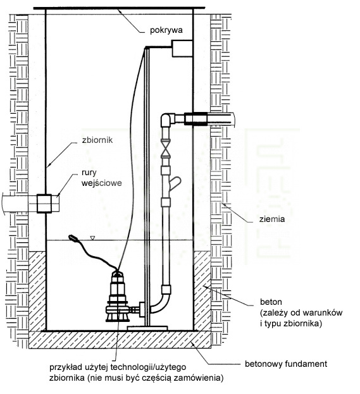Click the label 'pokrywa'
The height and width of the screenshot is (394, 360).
point(166,30)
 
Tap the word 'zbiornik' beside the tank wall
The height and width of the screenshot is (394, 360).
point(97,140)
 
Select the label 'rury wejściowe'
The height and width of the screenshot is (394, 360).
point(101,178)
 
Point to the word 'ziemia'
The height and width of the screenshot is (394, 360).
point(272,219)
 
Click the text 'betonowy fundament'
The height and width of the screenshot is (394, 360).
point(286,364)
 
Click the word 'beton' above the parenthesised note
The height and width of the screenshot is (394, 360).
point(271,302)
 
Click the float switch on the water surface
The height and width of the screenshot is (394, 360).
point(73,237)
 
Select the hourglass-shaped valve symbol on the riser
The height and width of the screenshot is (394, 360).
point(165,148)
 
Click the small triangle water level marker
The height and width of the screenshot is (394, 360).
point(93,237)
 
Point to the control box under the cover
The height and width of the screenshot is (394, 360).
point(182,49)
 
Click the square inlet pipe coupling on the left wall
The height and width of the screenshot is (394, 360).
point(44,204)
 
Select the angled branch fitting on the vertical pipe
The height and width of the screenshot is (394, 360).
point(175,183)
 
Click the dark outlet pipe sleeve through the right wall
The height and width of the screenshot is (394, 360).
point(196,119)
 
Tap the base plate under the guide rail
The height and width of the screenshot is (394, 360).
point(147,328)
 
